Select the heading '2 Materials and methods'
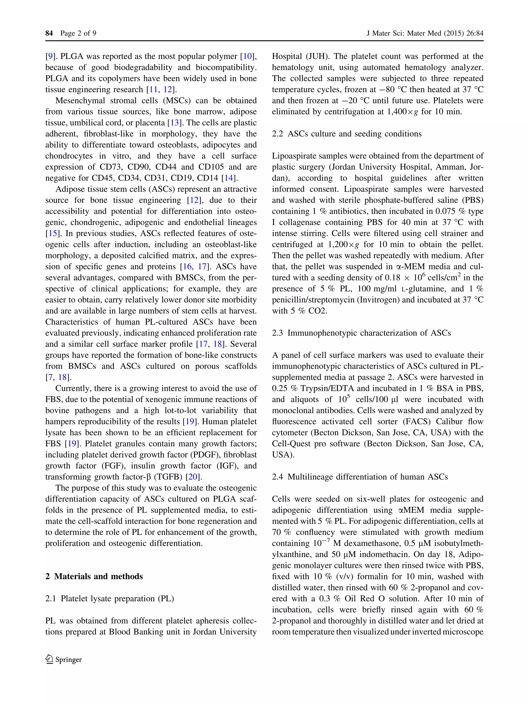pyautogui.click(x=94, y=576)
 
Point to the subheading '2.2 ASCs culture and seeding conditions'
pyautogui.click(x=347, y=134)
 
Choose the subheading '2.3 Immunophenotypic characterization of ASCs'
pyautogui.click(x=361, y=333)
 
